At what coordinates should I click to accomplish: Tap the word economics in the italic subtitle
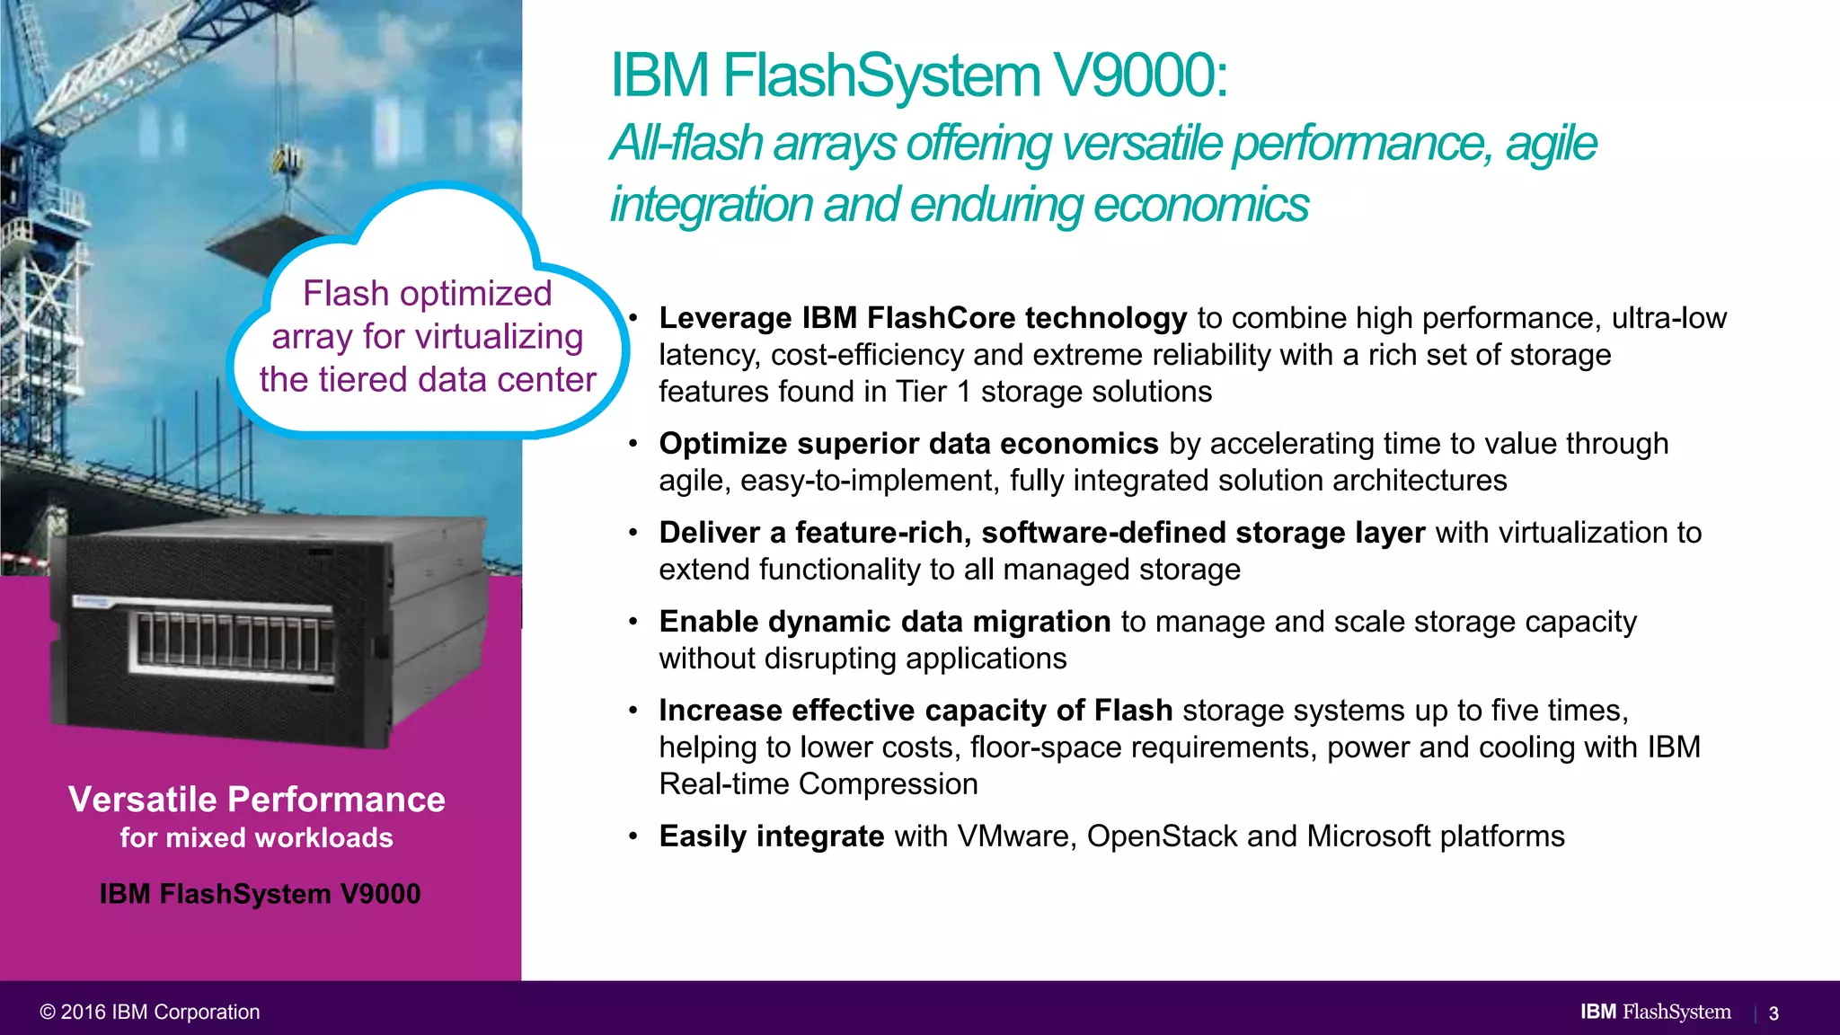(x=1201, y=205)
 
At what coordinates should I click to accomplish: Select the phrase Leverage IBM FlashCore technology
(x=923, y=318)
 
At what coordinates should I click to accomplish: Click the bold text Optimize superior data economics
(x=908, y=444)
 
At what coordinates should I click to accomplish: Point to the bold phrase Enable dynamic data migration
(x=884, y=622)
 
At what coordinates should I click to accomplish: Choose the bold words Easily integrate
(x=771, y=836)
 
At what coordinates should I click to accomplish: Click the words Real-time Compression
(x=818, y=784)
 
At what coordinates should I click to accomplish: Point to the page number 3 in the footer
(x=1774, y=1013)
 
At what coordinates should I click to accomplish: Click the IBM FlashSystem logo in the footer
(x=1655, y=1012)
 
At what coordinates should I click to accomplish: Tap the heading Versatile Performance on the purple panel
(x=257, y=800)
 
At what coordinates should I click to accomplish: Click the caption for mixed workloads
(x=257, y=838)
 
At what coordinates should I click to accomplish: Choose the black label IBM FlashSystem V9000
(x=260, y=895)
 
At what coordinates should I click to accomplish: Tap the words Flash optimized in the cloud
(x=427, y=294)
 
